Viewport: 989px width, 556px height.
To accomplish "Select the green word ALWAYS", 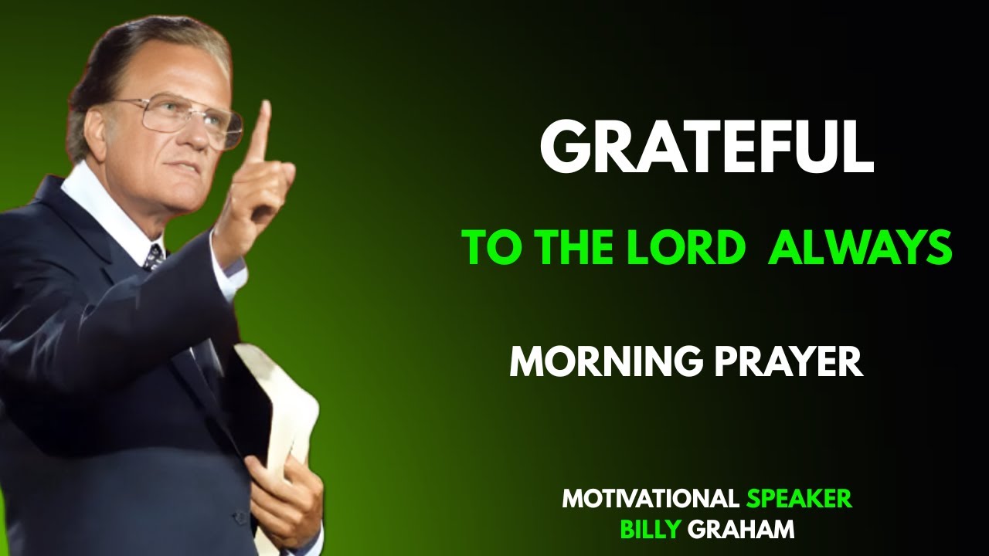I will pyautogui.click(x=859, y=248).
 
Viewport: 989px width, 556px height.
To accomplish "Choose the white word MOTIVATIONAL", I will pyautogui.click(x=651, y=499).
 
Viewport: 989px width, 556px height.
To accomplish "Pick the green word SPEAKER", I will pyautogui.click(x=799, y=499).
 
